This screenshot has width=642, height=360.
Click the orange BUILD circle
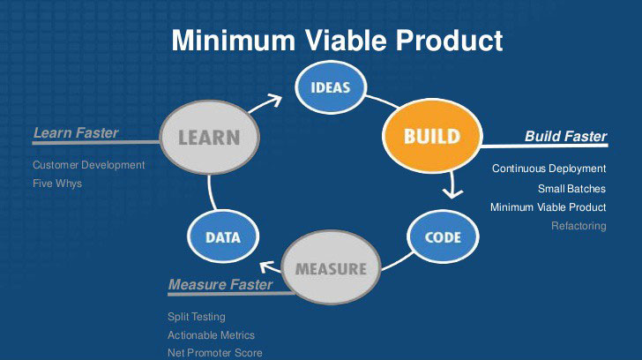pyautogui.click(x=431, y=137)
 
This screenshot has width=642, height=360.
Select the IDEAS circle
pyautogui.click(x=331, y=87)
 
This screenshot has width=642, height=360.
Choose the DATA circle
pyautogui.click(x=223, y=236)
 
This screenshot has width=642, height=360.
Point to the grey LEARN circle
pyautogui.click(x=208, y=137)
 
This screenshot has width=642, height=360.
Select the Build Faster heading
pyautogui.click(x=565, y=137)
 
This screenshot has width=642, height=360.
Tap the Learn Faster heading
pyautogui.click(x=76, y=133)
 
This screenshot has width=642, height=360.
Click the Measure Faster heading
pyautogui.click(x=220, y=284)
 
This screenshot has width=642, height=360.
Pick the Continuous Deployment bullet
pyautogui.click(x=549, y=169)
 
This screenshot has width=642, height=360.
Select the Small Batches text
pyautogui.click(x=571, y=188)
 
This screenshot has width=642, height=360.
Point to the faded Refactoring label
pyautogui.click(x=579, y=226)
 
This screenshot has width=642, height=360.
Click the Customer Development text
pyautogui.click(x=88, y=165)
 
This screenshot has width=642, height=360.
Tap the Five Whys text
pyautogui.click(x=57, y=184)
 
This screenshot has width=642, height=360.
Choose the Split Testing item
pyautogui.click(x=197, y=316)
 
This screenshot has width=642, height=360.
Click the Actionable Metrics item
pyautogui.click(x=211, y=334)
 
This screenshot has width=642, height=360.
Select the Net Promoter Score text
pyautogui.click(x=215, y=353)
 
